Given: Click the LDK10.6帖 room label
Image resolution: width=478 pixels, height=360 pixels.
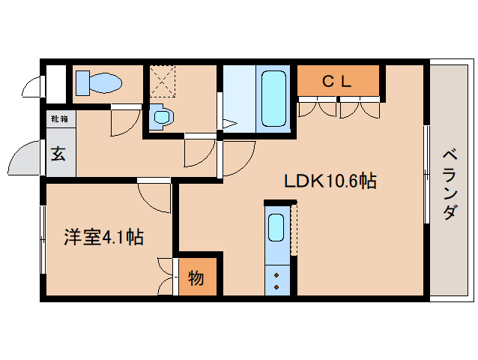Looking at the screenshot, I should pos(330,181).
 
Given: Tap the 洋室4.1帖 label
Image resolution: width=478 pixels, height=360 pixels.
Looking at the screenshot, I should pos(103,238).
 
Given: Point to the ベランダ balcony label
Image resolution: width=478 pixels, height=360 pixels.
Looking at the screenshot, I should pos(449,184).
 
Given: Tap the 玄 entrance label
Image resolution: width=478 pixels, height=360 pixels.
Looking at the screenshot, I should pos(58,155).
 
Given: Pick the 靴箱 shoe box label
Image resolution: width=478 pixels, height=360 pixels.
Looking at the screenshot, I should pos(58,119).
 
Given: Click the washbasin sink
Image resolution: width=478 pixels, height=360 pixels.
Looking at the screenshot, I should pos(161,116).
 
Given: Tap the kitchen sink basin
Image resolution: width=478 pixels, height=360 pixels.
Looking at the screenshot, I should pos(276,226).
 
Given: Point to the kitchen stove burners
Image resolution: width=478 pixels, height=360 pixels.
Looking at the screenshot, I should pos(276,280).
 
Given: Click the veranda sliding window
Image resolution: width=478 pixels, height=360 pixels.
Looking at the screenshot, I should pos(427,174).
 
